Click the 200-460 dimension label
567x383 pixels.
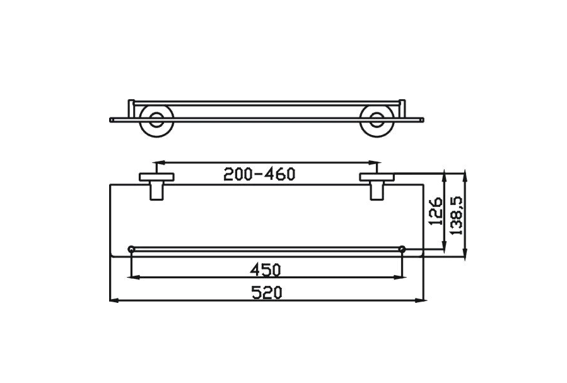click(x=259, y=175)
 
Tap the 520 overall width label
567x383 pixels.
click(x=267, y=293)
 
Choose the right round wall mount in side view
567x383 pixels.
click(x=377, y=119)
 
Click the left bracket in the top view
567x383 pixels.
click(x=155, y=184)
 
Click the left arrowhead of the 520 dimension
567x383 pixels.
click(x=113, y=301)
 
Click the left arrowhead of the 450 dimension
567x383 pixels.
click(x=132, y=277)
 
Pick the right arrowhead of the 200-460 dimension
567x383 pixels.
click(x=374, y=162)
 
